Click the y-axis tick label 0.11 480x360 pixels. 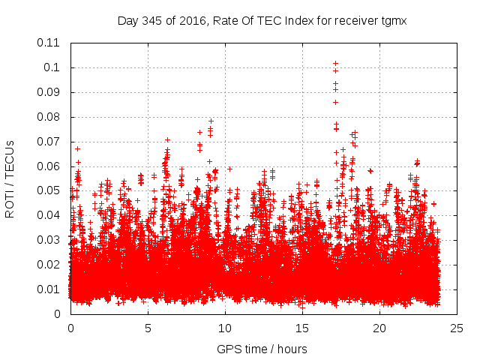pyautogui.click(x=50, y=43)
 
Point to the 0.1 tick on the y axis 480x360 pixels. pyautogui.click(x=55, y=67)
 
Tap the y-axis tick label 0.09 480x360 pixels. pyautogui.click(x=50, y=92)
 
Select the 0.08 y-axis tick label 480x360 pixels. pyautogui.click(x=50, y=117)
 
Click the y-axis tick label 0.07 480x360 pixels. pyautogui.click(x=50, y=142)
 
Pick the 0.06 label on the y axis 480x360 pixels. pyautogui.click(x=50, y=166)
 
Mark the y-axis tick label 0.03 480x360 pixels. pyautogui.click(x=50, y=240)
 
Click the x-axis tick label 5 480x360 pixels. pyautogui.click(x=148, y=328)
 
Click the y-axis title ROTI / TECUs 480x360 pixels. pyautogui.click(x=10, y=178)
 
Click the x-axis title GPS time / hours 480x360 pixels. pyautogui.click(x=262, y=349)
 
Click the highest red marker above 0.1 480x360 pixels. pyautogui.click(x=335, y=64)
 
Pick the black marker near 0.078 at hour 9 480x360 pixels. pyautogui.click(x=211, y=121)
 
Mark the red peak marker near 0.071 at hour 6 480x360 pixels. pyautogui.click(x=167, y=139)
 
